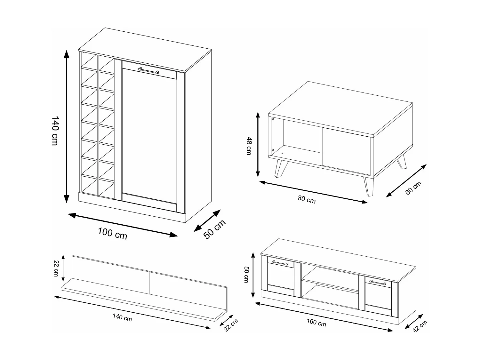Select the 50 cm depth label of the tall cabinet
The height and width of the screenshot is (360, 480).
click(x=214, y=229)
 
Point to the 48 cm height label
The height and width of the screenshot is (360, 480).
click(x=249, y=146)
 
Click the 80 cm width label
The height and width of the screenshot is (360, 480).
click(x=306, y=199)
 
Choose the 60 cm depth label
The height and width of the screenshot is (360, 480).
click(x=413, y=188)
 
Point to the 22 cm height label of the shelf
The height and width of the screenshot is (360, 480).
click(x=56, y=268)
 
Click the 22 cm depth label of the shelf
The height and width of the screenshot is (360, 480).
click(x=231, y=325)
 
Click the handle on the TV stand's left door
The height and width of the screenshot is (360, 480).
click(x=280, y=263)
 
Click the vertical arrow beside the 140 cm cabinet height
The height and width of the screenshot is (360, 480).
click(x=67, y=126)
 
